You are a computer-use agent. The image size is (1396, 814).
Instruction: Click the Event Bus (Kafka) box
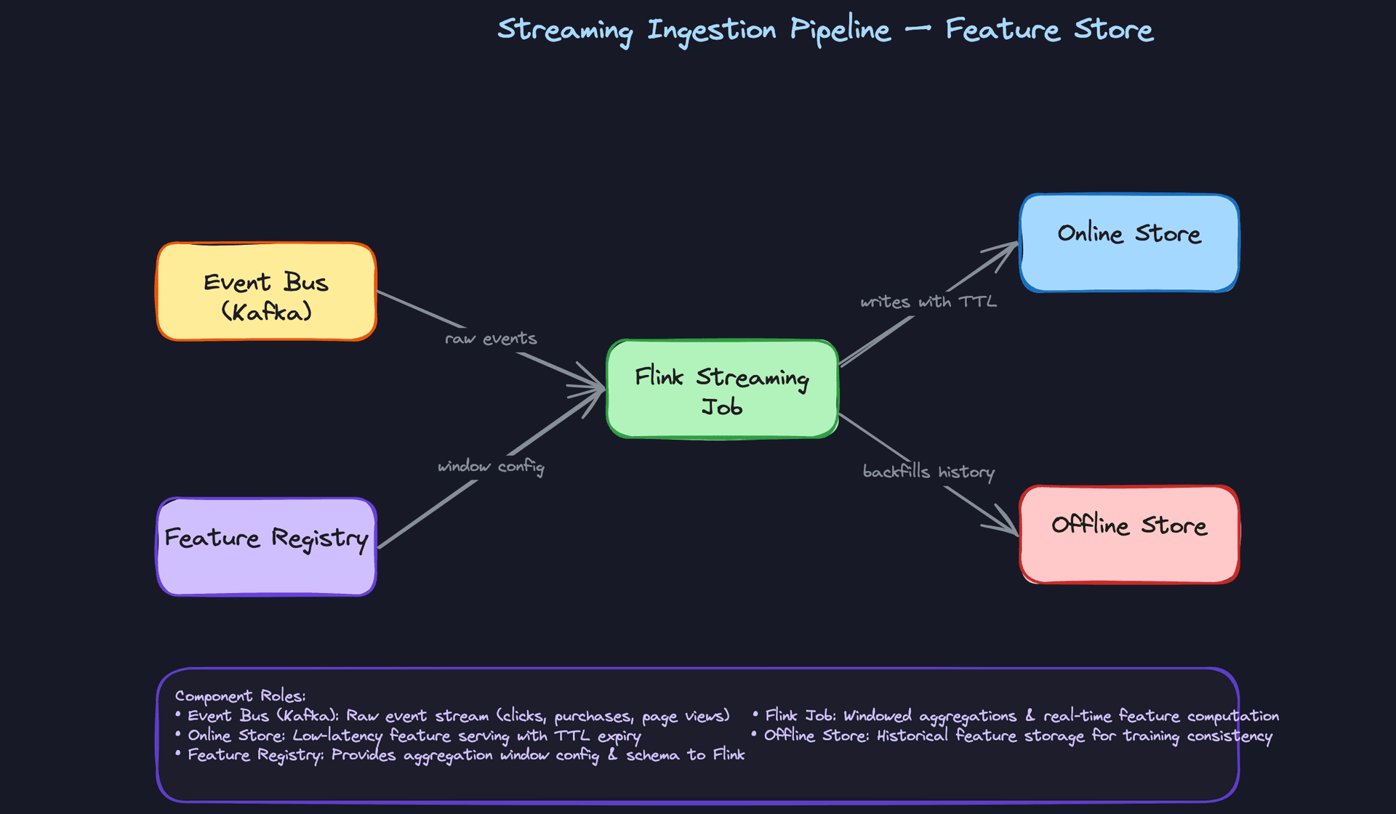266,292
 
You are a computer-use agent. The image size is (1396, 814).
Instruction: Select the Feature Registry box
266,547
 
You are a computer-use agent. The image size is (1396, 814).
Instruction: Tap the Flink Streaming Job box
722,390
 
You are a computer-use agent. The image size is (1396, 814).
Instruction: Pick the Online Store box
1128,243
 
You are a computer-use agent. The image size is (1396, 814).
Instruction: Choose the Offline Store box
1128,534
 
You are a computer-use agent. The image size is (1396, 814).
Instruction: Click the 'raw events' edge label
491,339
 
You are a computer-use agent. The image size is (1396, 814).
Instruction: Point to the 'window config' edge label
491,467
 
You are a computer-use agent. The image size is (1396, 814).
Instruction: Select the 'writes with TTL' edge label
928,302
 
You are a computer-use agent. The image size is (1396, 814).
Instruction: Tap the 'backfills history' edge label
928,472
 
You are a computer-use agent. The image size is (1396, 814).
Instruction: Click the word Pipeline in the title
840,31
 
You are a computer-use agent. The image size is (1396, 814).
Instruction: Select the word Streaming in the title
564,31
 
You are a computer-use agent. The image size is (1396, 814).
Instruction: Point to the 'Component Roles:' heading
240,696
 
